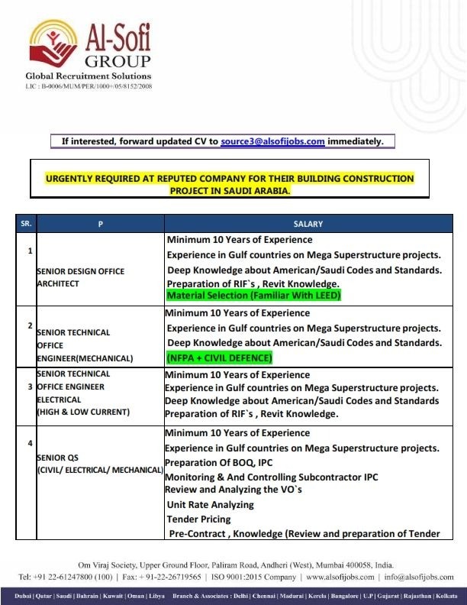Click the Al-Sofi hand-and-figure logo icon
pos(54,44)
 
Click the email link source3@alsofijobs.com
pos(273,141)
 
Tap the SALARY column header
pos(308,224)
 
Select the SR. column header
pos(26,224)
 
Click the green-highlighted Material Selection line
pos(253,295)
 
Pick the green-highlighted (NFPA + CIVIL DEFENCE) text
pos(219,357)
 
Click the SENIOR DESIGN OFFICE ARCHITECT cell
pos(80,277)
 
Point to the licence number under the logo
pos(89,87)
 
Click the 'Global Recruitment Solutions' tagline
pos(89,76)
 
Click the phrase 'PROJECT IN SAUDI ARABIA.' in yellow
pos(230,190)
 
